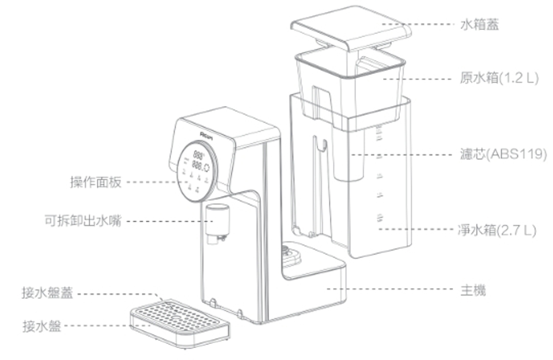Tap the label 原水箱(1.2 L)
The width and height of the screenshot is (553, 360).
[x=499, y=78]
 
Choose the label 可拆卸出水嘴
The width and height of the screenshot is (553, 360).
[x=83, y=221]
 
